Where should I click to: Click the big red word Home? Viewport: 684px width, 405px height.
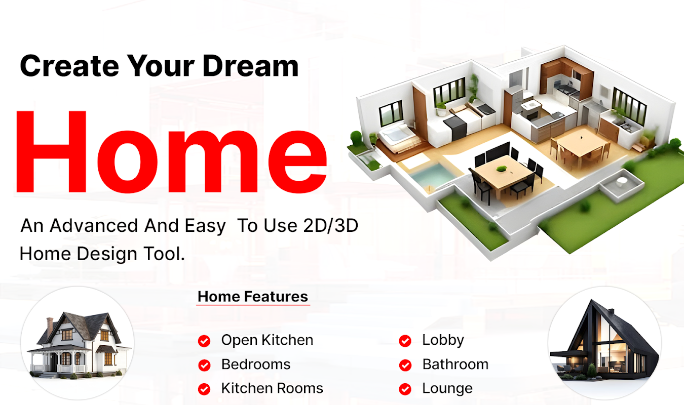point(172,152)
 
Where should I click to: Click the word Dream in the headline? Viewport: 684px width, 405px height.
point(250,66)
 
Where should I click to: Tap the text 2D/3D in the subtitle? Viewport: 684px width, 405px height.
point(331,226)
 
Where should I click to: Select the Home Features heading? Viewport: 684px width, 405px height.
point(253,296)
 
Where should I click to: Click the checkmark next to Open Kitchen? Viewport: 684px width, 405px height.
point(204,341)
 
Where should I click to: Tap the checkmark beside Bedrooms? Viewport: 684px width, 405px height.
point(204,365)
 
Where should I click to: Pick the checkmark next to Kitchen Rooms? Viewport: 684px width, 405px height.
point(204,389)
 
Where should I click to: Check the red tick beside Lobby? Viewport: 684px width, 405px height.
point(405,341)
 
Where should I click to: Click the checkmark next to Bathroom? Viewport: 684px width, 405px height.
point(405,365)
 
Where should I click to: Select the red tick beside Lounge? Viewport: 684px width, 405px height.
point(405,389)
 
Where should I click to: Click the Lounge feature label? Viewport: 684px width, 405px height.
point(447,389)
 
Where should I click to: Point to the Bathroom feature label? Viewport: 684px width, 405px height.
point(455,364)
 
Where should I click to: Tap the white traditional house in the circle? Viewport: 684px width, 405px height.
point(80,345)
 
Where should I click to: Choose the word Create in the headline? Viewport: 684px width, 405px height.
point(69,66)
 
